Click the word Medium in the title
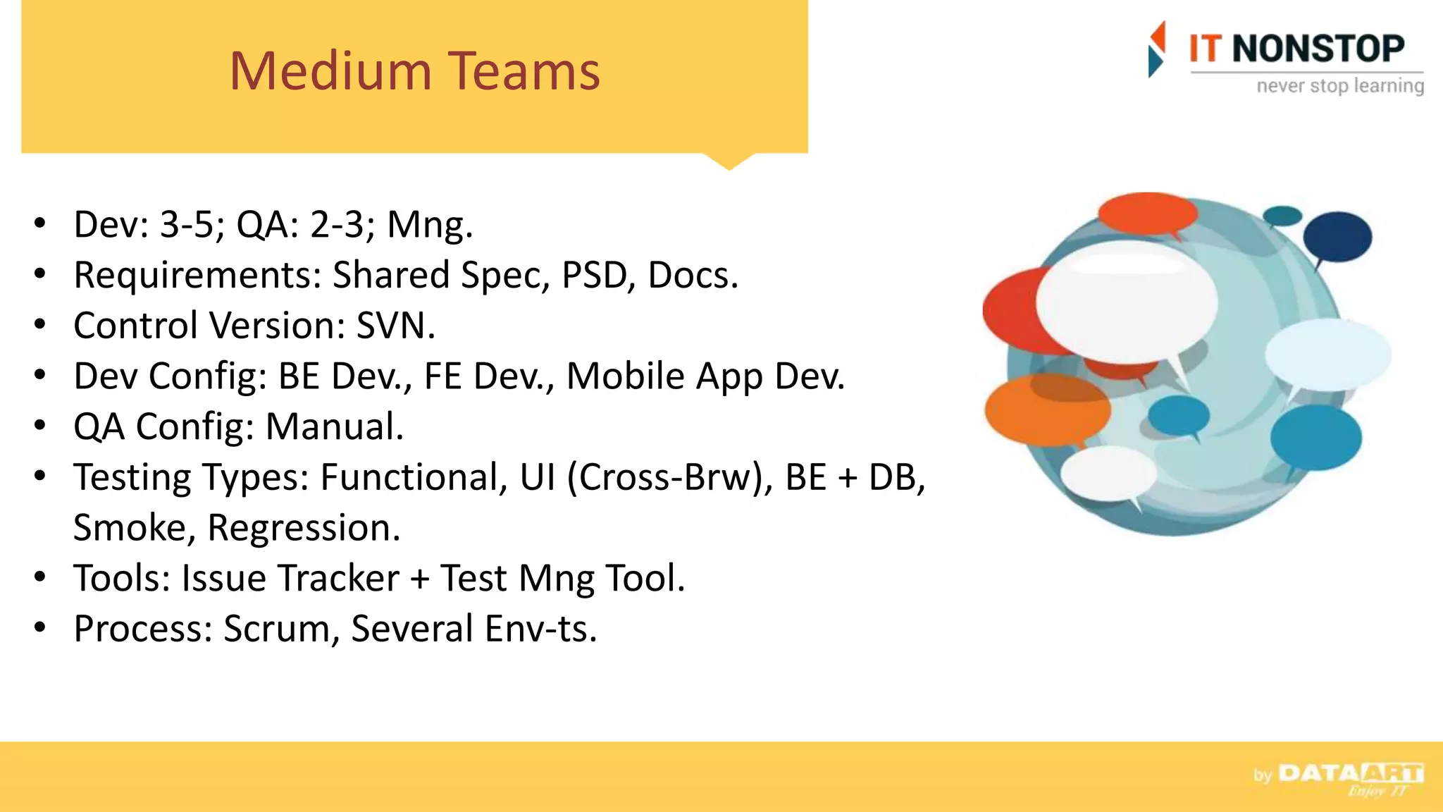330,71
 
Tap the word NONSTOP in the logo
1318,49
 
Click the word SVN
395,326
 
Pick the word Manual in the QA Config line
334,426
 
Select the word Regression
304,528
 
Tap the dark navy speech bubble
1337,237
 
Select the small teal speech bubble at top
1282,216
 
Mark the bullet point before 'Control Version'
40,325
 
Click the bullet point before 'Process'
40,627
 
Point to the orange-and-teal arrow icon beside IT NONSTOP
1156,49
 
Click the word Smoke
130,528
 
